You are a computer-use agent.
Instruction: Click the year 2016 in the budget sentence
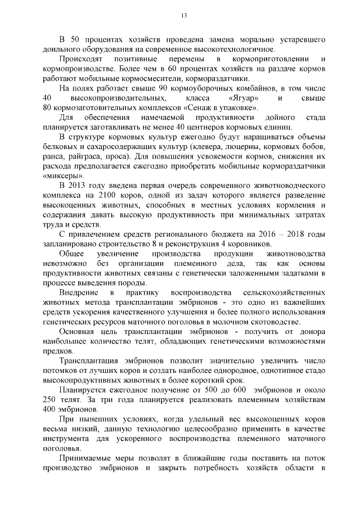[x=262, y=235]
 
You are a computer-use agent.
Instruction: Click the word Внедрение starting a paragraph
[x=78, y=293]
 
